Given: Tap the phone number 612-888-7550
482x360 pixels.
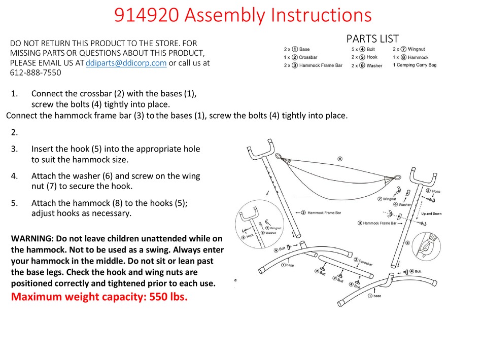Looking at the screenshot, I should (x=36, y=73).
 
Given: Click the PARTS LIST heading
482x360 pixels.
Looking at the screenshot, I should (x=372, y=39).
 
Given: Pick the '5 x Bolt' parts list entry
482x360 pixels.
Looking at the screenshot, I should (x=363, y=49).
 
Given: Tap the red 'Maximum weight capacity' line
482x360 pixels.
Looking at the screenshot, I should (x=99, y=297).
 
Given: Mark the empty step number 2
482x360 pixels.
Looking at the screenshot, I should (x=14, y=132).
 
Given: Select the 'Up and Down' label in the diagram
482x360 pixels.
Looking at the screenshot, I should (x=431, y=214).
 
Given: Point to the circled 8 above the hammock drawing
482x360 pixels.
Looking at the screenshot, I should (x=339, y=158).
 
